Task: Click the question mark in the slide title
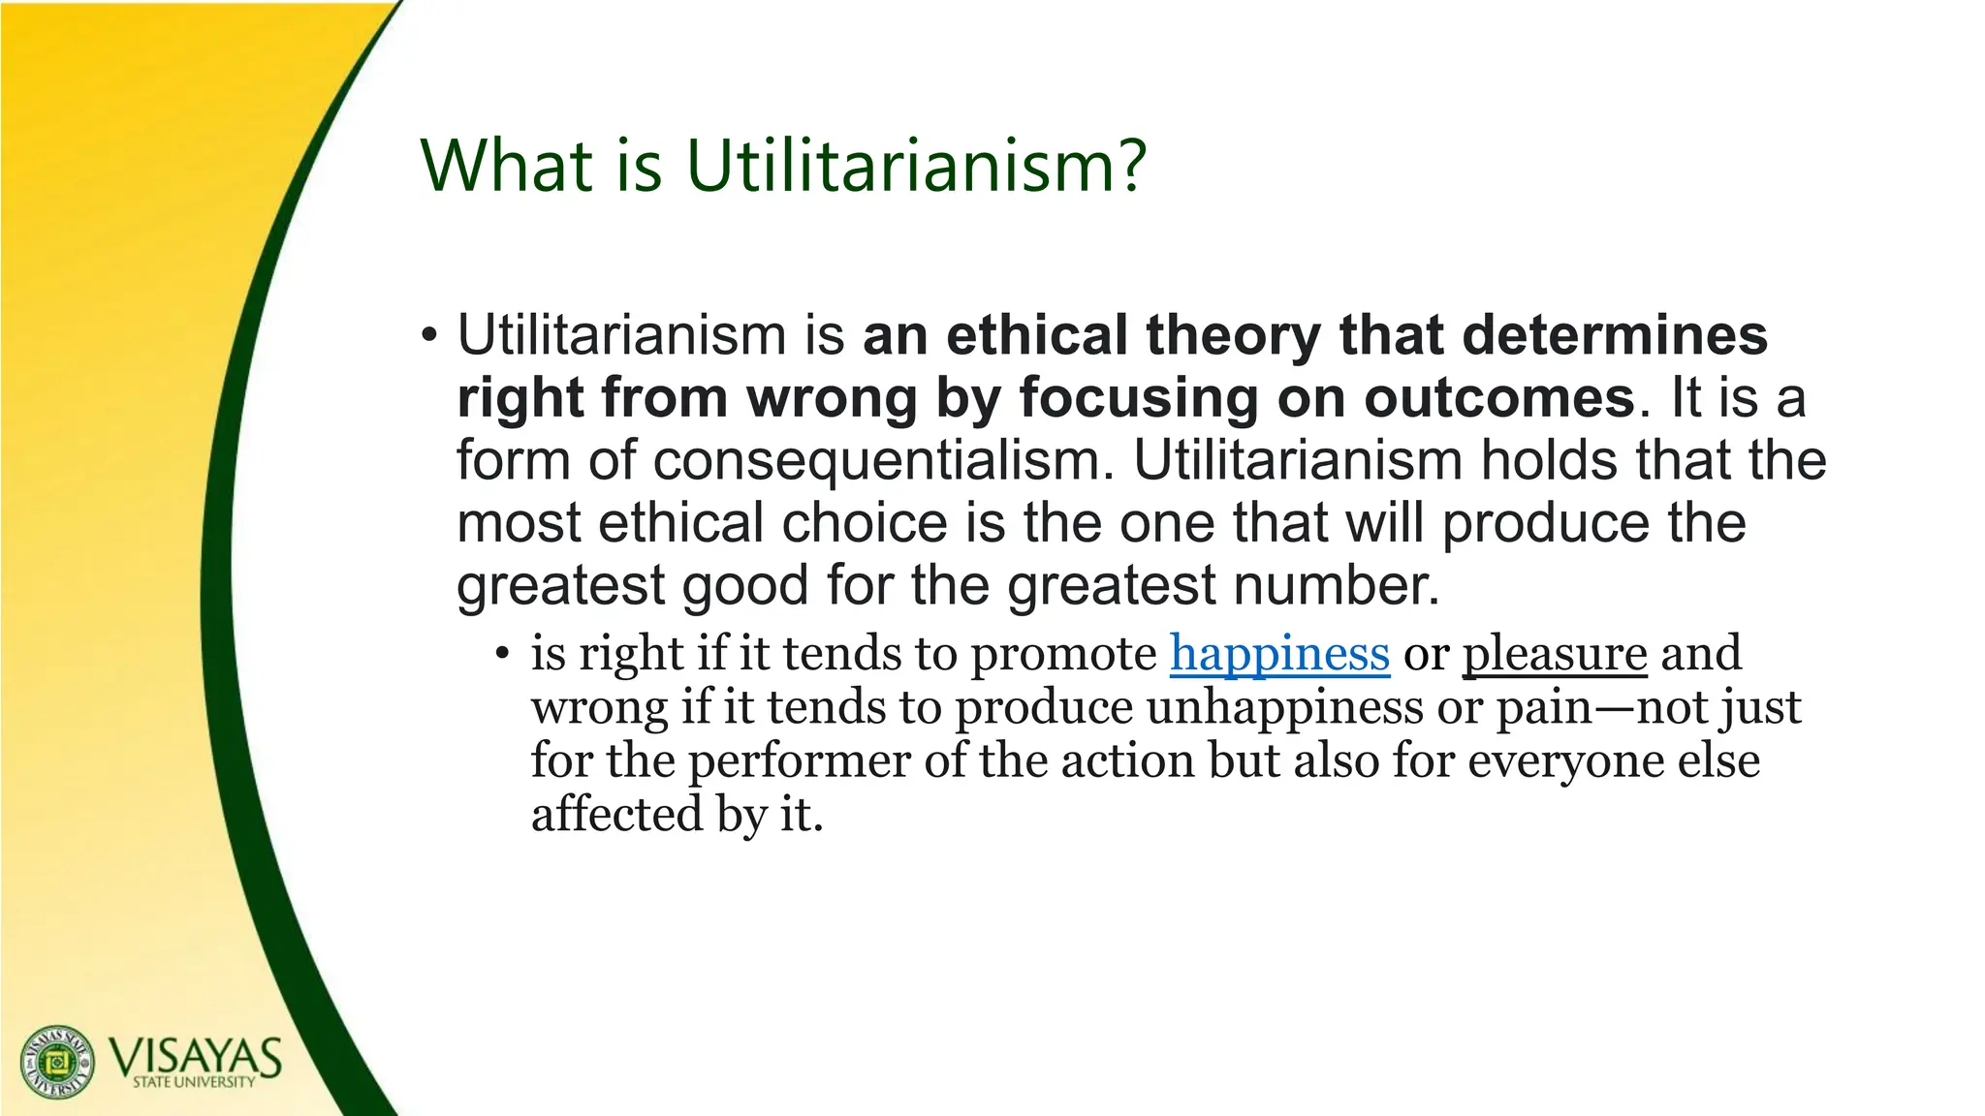coord(1128,165)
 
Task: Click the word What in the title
coord(506,165)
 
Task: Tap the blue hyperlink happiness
coord(1279,652)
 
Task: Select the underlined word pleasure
coord(1555,652)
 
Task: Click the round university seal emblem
coord(58,1061)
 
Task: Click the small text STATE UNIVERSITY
coord(194,1082)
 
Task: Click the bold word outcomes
coord(1499,397)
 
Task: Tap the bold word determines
coord(1615,335)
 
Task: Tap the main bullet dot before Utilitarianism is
coord(429,337)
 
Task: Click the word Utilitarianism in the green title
coord(900,165)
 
